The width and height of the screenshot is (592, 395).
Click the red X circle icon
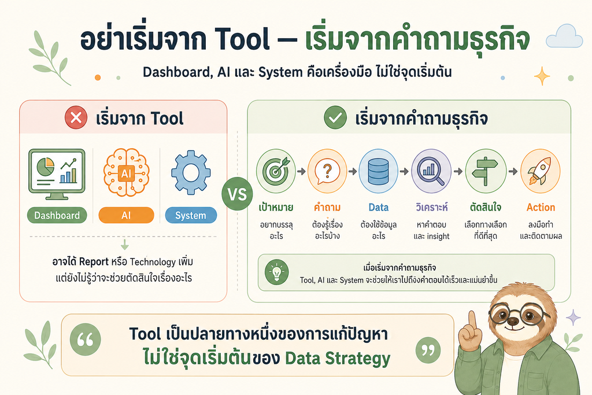(x=76, y=117)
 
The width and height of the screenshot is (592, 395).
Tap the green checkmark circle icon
(x=335, y=117)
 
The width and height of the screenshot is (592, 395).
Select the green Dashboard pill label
(x=57, y=215)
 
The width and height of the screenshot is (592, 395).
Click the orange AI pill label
(x=126, y=215)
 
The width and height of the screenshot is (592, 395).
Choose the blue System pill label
(x=191, y=215)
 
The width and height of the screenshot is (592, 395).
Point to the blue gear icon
(x=191, y=172)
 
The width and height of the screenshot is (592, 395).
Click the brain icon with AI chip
(x=126, y=172)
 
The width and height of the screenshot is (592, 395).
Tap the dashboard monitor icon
(x=57, y=174)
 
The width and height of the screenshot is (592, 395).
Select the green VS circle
(x=237, y=194)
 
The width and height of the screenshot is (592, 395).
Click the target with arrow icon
(x=276, y=171)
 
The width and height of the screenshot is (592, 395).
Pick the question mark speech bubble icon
(x=327, y=171)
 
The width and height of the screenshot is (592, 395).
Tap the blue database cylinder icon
(x=378, y=171)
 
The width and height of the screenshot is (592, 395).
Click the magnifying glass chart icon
(x=431, y=171)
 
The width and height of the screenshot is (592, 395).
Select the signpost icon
(x=486, y=171)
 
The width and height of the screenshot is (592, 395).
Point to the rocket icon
(x=541, y=171)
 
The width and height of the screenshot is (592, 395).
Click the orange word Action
(x=541, y=207)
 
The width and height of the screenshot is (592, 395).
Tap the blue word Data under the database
(x=379, y=207)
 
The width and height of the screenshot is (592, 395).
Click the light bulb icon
(x=277, y=272)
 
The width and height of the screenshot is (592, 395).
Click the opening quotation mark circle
(x=86, y=339)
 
